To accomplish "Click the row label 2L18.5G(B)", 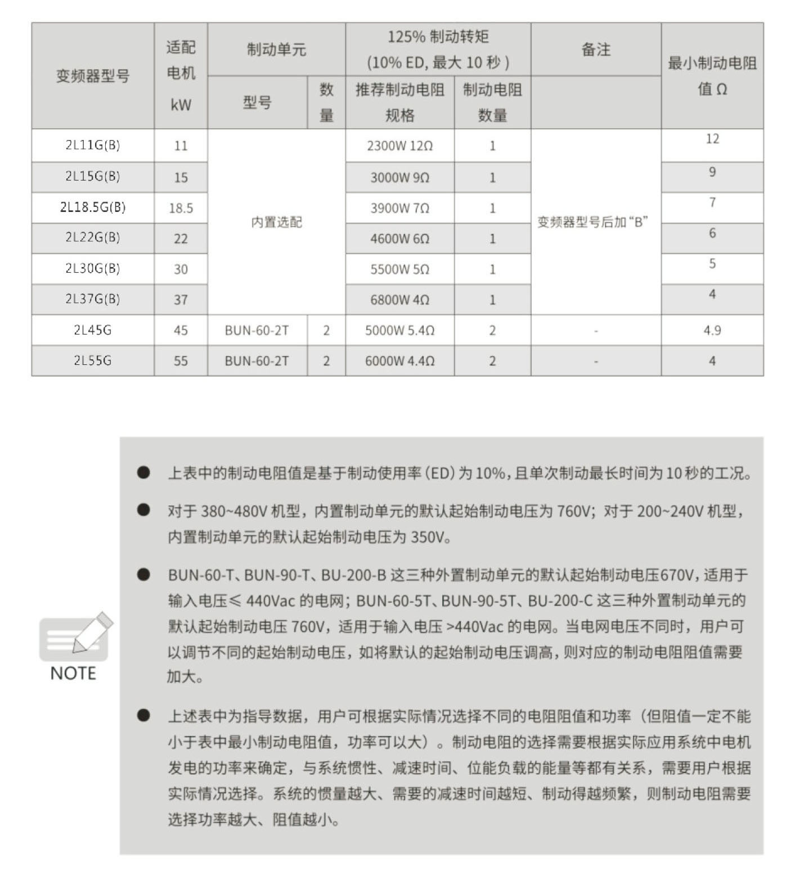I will [x=93, y=207].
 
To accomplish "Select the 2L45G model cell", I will [x=93, y=330].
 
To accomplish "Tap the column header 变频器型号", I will [x=93, y=76].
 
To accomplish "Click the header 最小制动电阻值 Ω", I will [x=712, y=76].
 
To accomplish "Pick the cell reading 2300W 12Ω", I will [x=399, y=146].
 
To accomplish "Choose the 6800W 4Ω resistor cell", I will [x=399, y=300].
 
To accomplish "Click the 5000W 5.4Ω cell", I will [x=399, y=331].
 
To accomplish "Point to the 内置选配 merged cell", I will [x=276, y=222].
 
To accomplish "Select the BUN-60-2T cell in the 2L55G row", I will [x=257, y=361].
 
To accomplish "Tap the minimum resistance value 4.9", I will [x=712, y=331].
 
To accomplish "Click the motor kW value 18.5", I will [x=181, y=209].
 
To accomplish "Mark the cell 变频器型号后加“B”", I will [x=592, y=222].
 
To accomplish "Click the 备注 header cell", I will [x=595, y=50].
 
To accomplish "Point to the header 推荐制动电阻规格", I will [x=399, y=102].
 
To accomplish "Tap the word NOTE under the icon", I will [x=73, y=673].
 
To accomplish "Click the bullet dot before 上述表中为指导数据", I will [x=143, y=715].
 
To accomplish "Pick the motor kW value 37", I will [x=181, y=300].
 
